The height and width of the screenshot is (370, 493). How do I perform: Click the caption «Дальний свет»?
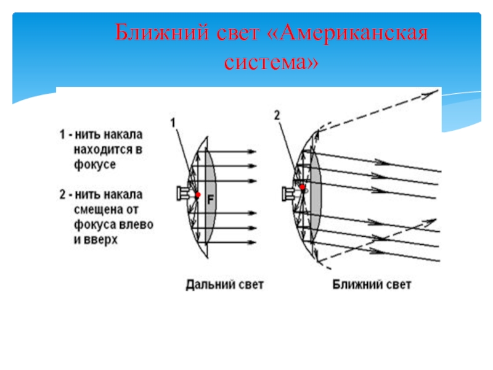click(x=225, y=285)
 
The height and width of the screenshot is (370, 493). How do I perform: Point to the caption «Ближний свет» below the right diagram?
click(x=372, y=285)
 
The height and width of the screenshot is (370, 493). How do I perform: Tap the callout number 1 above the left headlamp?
click(x=173, y=123)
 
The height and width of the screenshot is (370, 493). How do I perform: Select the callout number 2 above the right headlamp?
click(x=277, y=115)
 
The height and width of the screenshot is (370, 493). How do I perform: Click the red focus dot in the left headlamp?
click(x=198, y=195)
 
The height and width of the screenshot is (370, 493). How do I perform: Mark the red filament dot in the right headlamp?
click(x=303, y=186)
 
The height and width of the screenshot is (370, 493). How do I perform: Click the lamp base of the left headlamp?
click(x=182, y=194)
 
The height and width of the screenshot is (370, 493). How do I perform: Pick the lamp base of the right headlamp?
click(x=287, y=193)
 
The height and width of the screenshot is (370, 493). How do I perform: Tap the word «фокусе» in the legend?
click(x=94, y=165)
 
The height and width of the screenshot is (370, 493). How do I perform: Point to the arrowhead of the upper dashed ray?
click(x=430, y=94)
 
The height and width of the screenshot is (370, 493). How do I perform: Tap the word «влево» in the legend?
click(x=137, y=224)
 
